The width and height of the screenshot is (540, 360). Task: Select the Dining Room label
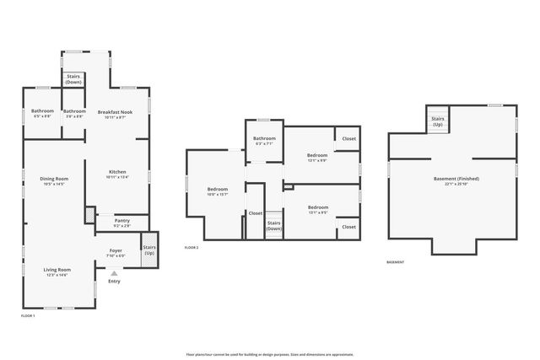click(54, 179)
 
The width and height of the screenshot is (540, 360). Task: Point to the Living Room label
click(57, 270)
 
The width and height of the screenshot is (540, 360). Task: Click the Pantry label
click(121, 222)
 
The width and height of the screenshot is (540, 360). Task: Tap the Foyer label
click(116, 250)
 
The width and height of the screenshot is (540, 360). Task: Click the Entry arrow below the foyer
click(113, 272)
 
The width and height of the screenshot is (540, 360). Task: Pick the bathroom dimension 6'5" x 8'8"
click(42, 116)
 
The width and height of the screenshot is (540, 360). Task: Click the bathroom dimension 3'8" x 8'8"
click(74, 116)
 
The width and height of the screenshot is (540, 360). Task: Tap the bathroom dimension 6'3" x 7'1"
click(264, 143)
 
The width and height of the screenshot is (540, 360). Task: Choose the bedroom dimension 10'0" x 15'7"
click(218, 195)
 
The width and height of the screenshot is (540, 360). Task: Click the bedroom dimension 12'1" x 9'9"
click(316, 161)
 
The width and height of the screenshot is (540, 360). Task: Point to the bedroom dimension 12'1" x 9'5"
click(317, 212)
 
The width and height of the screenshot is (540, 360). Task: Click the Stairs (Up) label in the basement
click(438, 122)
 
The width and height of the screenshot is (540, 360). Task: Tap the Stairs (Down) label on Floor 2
click(273, 227)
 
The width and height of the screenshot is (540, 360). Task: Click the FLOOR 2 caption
click(192, 248)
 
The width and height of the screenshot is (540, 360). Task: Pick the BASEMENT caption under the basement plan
click(395, 262)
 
